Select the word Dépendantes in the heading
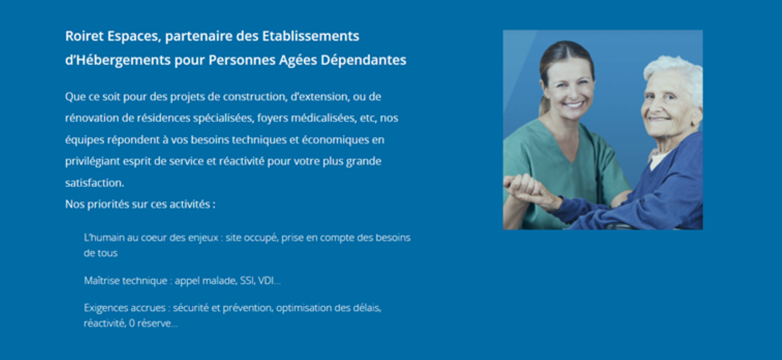click(363, 60)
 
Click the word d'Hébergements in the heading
click(118, 60)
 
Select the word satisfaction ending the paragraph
click(94, 183)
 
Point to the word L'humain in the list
click(104, 238)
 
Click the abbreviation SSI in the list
click(247, 281)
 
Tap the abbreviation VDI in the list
click(266, 281)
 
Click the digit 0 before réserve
click(132, 323)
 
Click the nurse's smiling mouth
click(573, 105)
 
